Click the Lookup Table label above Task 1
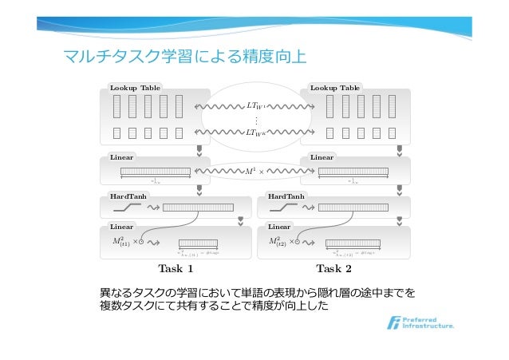coord(133,87)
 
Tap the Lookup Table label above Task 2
coord(335,87)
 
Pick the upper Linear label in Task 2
coord(322,157)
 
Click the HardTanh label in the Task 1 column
coord(127,196)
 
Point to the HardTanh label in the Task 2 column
coord(286,196)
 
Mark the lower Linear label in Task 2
coord(279,227)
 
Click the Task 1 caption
coord(176,267)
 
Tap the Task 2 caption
coord(333,267)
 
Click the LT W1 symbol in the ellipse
coord(256,105)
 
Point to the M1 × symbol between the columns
coord(255,170)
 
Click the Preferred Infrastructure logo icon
coord(393,323)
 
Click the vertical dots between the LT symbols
coord(255,120)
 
